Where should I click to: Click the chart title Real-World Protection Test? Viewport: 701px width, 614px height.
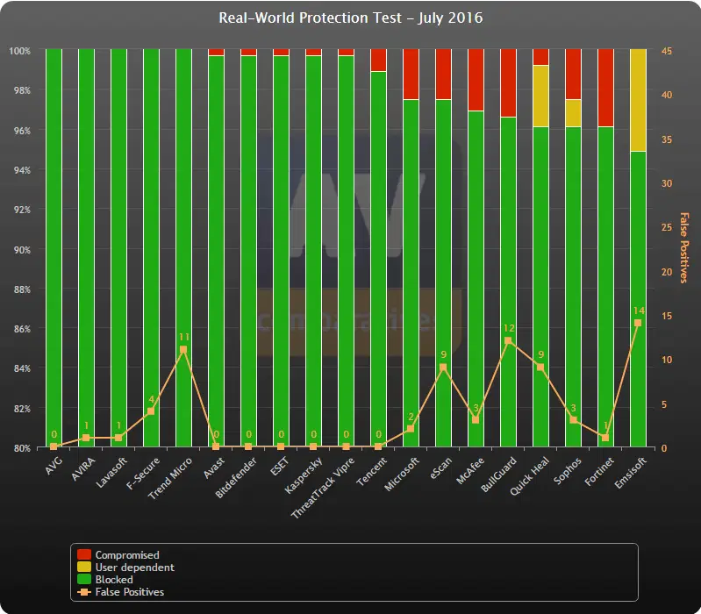351,18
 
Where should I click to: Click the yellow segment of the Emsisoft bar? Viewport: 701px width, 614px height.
638,100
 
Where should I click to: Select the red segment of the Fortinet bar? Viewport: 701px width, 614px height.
605,88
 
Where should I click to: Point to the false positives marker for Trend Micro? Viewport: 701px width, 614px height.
183,350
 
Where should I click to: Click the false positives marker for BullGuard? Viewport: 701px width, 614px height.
508,341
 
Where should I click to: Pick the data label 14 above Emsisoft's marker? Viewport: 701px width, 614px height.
638,311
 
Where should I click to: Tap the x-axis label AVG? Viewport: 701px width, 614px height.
54,464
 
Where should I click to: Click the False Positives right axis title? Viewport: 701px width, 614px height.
684,249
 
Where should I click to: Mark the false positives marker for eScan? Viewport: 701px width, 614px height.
443,368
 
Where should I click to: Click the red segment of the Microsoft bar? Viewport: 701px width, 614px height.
411,75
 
